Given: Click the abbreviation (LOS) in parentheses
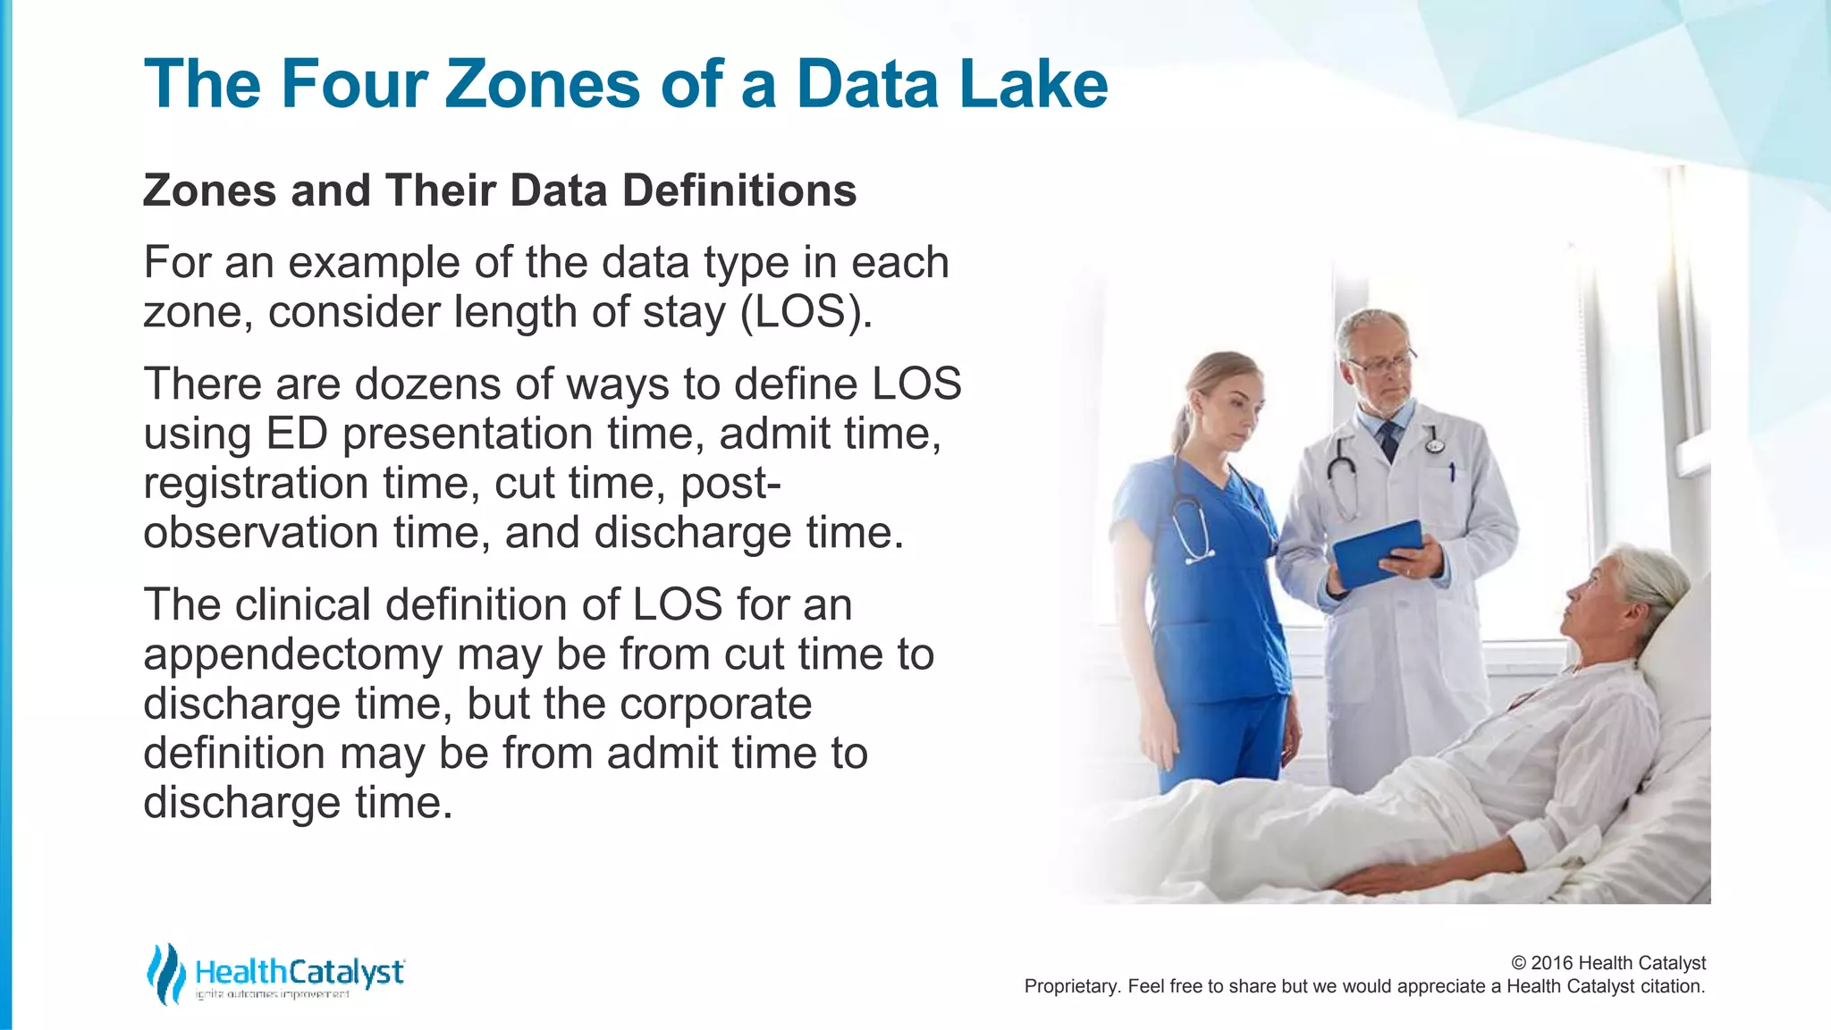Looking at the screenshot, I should click(x=806, y=312).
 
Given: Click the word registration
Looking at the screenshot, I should click(x=256, y=484).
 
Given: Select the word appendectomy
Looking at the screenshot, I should click(x=292, y=655).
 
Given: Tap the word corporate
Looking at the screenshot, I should click(x=715, y=704).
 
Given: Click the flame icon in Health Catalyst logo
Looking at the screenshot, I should click(x=165, y=974).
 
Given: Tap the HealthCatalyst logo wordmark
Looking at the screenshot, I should click(x=300, y=972).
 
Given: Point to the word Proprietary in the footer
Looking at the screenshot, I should click(x=1071, y=986).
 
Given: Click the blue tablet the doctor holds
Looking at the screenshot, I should click(x=1377, y=552).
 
